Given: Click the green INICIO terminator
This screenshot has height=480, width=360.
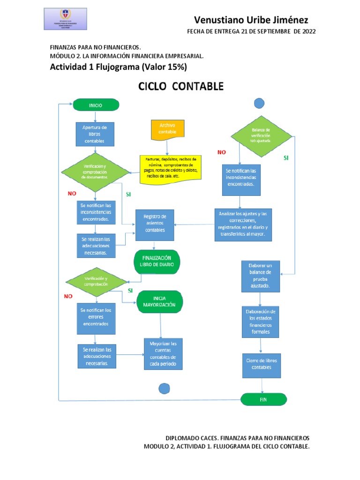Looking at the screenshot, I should tap(96, 105).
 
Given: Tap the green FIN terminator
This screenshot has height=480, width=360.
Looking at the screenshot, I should tap(263, 399).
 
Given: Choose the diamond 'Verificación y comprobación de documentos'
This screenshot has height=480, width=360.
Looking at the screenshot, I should tap(95, 172).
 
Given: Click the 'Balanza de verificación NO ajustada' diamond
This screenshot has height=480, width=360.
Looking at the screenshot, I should tap(261, 135).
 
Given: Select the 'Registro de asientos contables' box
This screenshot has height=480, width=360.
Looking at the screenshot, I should tap(155, 224).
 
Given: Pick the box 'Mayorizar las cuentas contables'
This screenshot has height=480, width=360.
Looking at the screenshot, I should tap(163, 354).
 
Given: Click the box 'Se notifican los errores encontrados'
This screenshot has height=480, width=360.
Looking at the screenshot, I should tap(95, 317).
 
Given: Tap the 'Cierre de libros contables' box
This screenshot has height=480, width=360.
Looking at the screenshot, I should tap(261, 364).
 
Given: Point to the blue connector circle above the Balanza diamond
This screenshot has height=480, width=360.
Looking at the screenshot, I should tap(259, 103).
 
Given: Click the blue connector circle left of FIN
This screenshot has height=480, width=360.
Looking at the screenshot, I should tap(164, 389).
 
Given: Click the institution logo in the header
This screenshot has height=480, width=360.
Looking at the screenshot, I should tap(65, 22).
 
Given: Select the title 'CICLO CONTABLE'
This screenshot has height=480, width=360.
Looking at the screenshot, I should tap(180, 87).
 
